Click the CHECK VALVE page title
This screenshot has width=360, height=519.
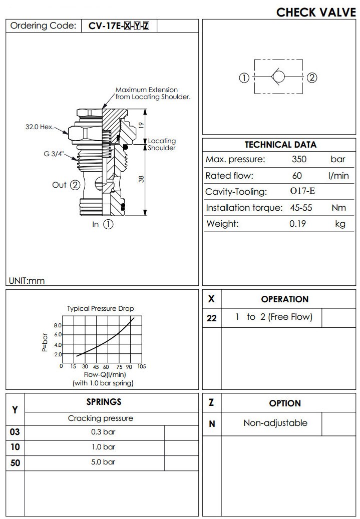(x=316, y=12)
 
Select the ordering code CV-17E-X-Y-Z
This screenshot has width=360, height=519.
(x=119, y=26)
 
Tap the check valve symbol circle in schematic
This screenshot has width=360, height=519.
(x=278, y=78)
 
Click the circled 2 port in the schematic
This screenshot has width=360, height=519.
(x=312, y=78)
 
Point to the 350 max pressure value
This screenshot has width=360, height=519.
(x=299, y=160)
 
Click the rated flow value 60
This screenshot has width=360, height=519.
(x=297, y=176)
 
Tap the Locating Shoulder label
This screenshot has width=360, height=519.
(x=162, y=145)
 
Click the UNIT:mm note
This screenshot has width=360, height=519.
(x=27, y=281)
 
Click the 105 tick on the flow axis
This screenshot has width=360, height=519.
(x=141, y=367)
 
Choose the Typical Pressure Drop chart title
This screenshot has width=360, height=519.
(x=101, y=309)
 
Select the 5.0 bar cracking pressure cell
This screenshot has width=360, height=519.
(x=103, y=462)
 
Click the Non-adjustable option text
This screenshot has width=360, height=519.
(x=275, y=423)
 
